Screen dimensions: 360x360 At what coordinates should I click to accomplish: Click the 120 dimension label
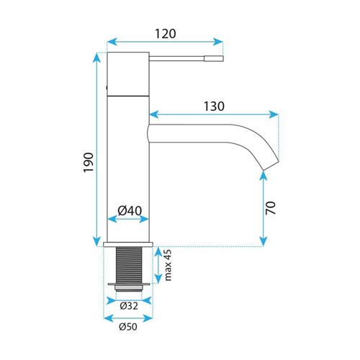pyautogui.click(x=166, y=34)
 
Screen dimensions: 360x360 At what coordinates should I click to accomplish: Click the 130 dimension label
pyautogui.click(x=214, y=107)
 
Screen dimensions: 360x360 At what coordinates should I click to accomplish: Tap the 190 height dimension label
pyautogui.click(x=89, y=162)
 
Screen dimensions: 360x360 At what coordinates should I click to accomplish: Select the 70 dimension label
pyautogui.click(x=271, y=208)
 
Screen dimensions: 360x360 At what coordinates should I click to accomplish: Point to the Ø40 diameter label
pyautogui.click(x=130, y=211)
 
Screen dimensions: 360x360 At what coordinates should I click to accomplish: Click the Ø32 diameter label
pyautogui.click(x=129, y=306)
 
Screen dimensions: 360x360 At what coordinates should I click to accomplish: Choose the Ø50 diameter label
pyautogui.click(x=128, y=327)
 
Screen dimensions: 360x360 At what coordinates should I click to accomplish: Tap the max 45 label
pyautogui.click(x=168, y=265)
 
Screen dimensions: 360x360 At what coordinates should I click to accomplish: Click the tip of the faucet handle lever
pyautogui.click(x=223, y=58)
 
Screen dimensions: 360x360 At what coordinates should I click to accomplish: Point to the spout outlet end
pyautogui.click(x=271, y=166)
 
